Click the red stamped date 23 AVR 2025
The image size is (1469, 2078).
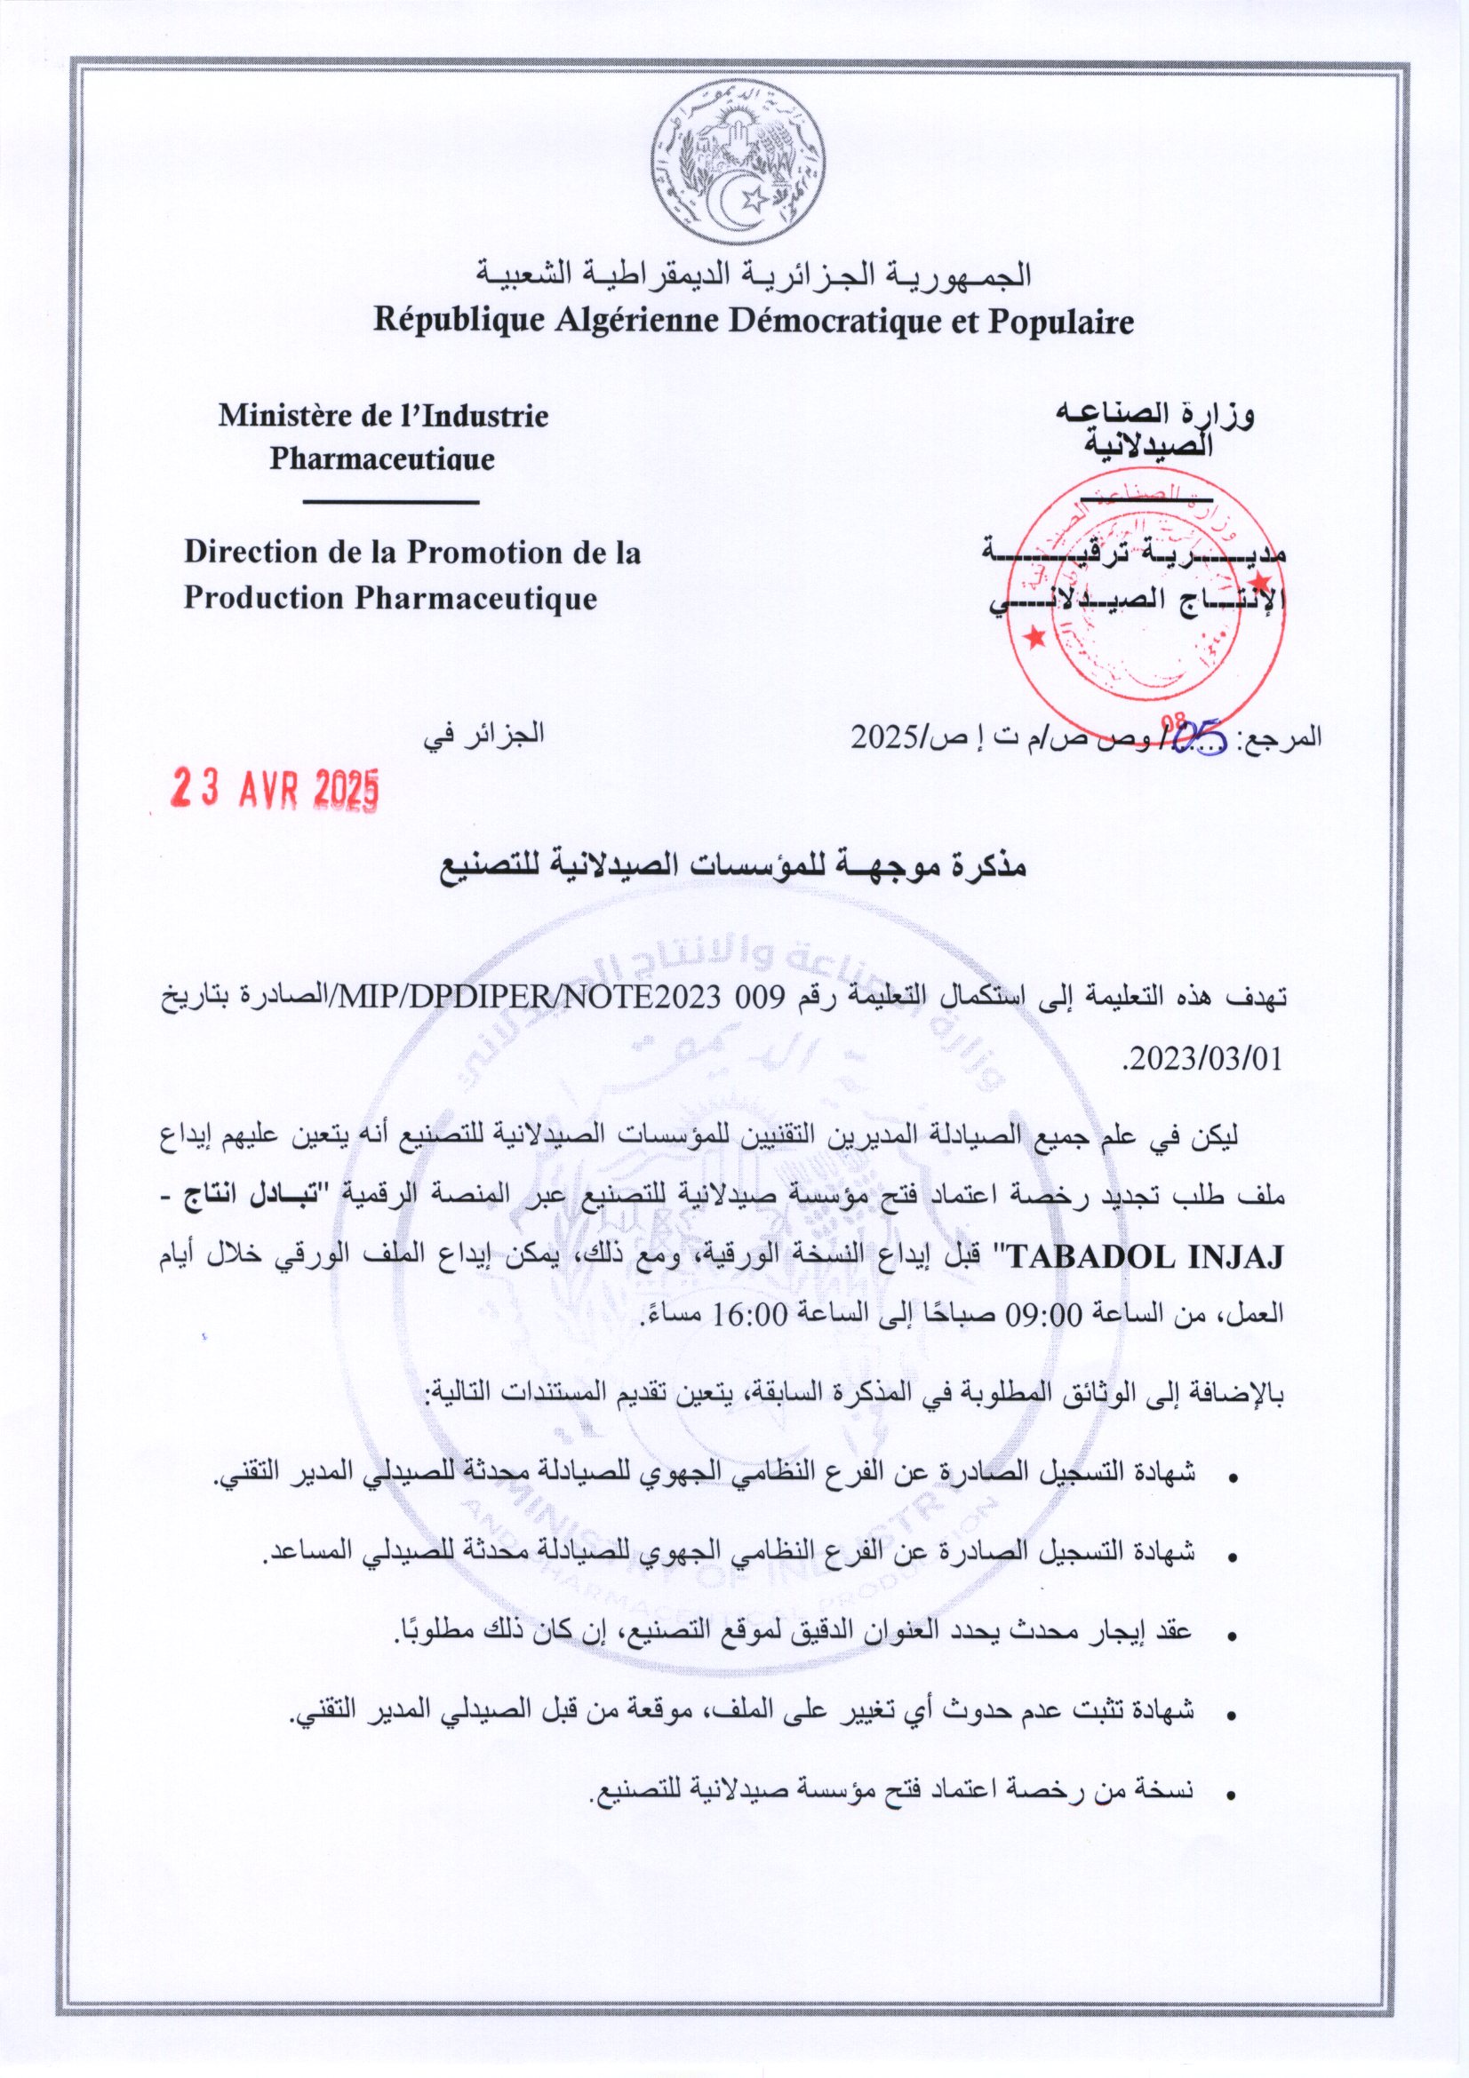coord(275,790)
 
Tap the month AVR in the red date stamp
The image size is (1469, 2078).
coord(268,790)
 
